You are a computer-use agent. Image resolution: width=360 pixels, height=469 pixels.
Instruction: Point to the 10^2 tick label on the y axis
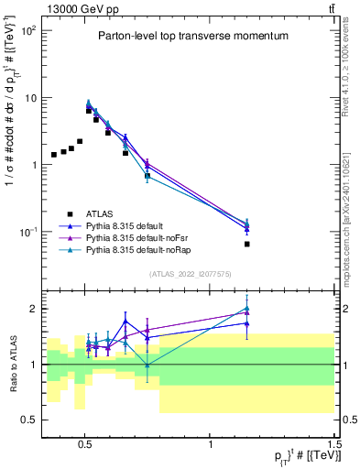click(27, 30)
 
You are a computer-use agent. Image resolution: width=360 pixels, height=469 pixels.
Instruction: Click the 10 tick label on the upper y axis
click(30, 97)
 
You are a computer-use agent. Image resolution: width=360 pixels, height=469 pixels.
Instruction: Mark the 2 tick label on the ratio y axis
click(34, 309)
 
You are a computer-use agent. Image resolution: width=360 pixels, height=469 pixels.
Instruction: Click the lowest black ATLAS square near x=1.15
click(246, 245)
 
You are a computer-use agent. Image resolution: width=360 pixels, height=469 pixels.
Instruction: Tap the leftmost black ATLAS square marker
click(54, 155)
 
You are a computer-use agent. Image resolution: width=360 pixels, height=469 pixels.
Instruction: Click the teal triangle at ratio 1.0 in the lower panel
click(147, 365)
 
